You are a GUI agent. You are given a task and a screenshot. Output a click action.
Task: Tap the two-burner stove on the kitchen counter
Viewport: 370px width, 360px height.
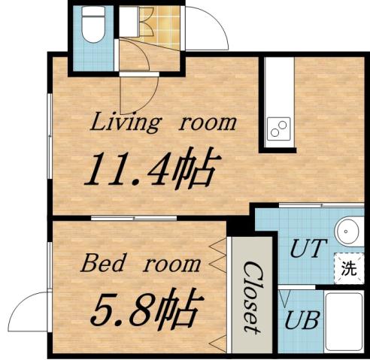point(277,129)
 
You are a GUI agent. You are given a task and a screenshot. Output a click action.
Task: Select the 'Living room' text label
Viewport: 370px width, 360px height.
point(163,122)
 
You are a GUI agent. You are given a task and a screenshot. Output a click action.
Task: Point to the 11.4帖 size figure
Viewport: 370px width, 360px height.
point(150,169)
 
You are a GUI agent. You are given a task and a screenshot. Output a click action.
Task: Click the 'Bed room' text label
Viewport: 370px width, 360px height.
point(141,264)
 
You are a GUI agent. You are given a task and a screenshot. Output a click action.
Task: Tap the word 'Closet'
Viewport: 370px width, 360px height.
point(251,298)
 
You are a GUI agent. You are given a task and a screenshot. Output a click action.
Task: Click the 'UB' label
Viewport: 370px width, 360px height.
point(302,319)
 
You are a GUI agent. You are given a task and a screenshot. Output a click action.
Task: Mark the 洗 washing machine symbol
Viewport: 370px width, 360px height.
point(347,268)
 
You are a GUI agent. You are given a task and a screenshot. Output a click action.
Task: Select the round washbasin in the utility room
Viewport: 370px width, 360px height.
point(348,231)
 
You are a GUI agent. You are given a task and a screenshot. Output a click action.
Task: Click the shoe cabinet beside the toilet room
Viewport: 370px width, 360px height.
point(127,20)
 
